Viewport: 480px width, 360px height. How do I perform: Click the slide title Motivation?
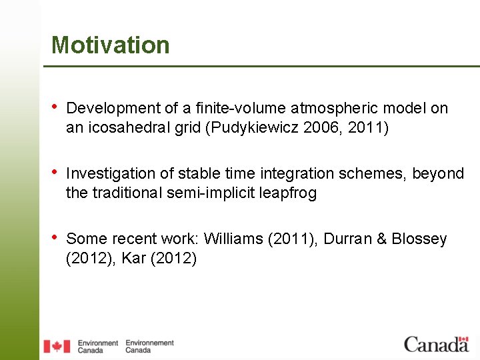[x=111, y=45]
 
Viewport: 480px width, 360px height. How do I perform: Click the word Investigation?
[x=109, y=173]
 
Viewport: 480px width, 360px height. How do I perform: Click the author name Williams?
[x=233, y=239]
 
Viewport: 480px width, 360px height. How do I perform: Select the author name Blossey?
[x=419, y=239]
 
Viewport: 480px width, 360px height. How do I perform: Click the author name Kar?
[x=134, y=258]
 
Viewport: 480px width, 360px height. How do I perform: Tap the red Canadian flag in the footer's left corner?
[x=57, y=346]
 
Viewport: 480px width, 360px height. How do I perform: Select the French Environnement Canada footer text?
[x=149, y=346]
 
